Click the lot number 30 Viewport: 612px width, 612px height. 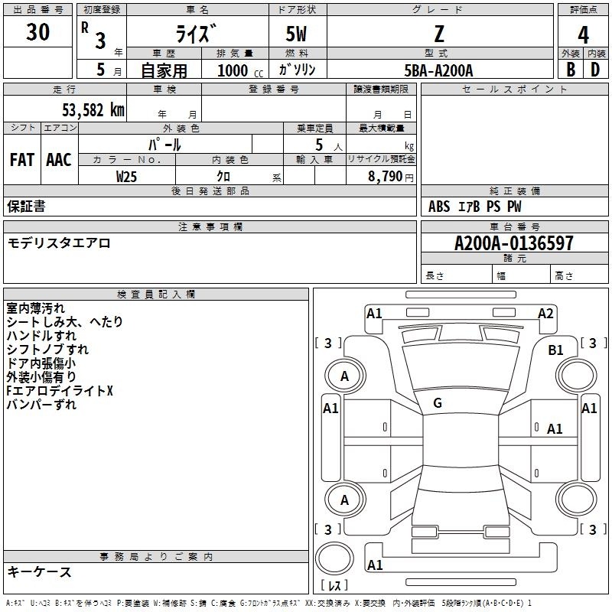(37, 31)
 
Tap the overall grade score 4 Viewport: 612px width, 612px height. (583, 35)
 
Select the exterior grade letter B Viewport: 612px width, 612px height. (571, 70)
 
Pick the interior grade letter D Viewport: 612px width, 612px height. (595, 70)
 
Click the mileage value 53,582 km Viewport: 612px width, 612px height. (93, 110)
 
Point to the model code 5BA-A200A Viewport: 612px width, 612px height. (438, 70)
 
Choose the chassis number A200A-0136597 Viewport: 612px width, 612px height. (514, 243)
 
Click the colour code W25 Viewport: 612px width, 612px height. (126, 177)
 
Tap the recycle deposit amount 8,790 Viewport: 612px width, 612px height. (385, 177)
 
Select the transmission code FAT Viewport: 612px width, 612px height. (22, 160)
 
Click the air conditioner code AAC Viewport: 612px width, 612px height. (59, 160)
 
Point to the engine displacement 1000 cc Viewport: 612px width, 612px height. (240, 70)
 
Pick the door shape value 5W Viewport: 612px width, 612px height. (296, 34)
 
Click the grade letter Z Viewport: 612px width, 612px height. (439, 34)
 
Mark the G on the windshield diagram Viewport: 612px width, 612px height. (438, 403)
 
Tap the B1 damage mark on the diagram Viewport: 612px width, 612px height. (555, 350)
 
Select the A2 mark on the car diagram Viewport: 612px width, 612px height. (545, 314)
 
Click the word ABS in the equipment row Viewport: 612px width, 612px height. (439, 207)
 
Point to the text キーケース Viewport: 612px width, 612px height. (40, 572)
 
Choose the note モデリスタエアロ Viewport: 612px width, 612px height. (59, 243)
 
